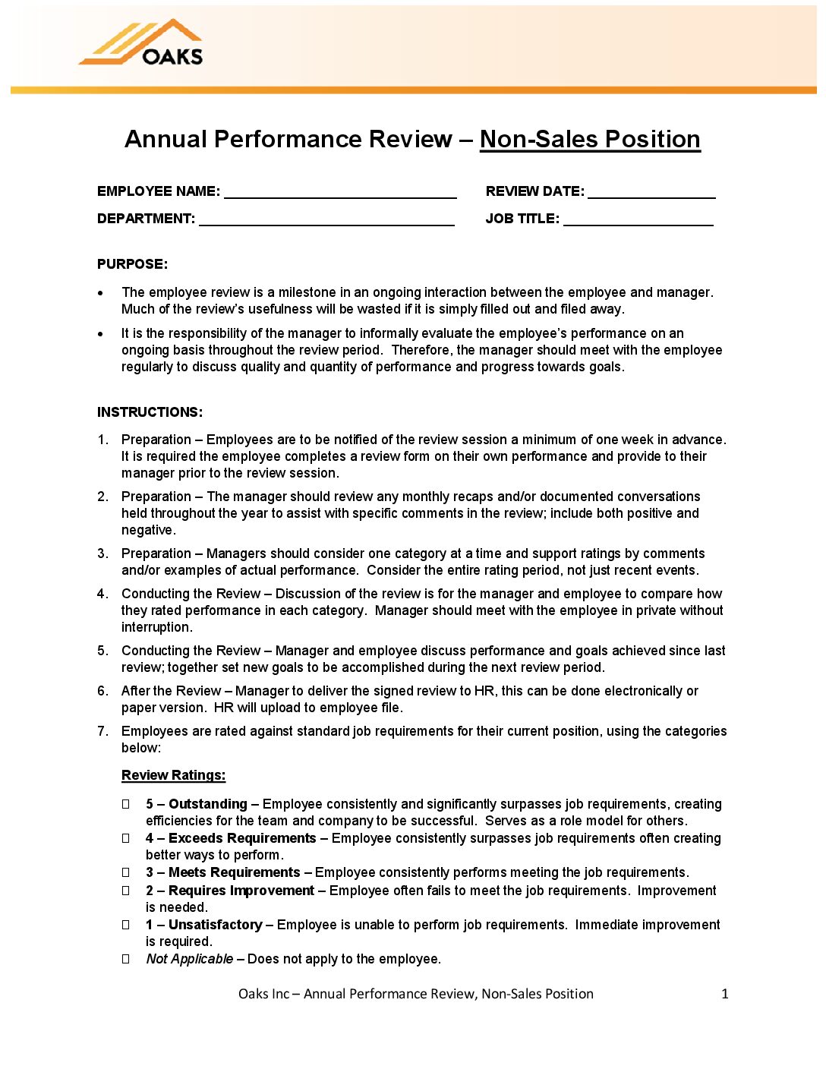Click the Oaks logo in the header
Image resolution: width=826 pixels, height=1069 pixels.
point(142,43)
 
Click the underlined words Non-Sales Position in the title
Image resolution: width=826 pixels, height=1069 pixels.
point(589,140)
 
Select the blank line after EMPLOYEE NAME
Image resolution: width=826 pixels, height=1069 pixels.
point(340,192)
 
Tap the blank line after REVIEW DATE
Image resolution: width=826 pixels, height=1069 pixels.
point(651,192)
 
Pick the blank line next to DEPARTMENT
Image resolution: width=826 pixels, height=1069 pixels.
point(326,219)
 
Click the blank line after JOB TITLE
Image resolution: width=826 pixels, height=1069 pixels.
point(638,219)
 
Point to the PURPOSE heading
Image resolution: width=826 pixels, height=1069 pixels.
point(132,264)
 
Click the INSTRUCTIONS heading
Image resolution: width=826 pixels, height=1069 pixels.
point(150,412)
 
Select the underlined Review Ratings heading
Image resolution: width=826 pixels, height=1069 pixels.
point(173,775)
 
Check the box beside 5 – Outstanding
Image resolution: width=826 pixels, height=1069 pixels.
point(126,804)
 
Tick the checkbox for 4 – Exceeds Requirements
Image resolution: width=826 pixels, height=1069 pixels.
point(126,838)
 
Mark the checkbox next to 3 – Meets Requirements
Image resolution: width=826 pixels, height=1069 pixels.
point(126,872)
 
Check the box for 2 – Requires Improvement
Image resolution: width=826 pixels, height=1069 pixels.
point(126,891)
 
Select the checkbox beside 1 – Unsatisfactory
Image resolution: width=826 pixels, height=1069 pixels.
point(126,925)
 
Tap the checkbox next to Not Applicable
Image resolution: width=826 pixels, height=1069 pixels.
point(126,959)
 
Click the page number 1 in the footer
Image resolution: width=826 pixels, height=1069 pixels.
point(724,994)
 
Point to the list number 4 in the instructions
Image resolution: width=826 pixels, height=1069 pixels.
point(102,594)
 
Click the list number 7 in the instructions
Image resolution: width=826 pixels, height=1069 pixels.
point(102,731)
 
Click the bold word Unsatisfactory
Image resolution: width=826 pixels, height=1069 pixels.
point(215,925)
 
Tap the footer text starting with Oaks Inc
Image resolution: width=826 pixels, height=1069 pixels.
point(415,994)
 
